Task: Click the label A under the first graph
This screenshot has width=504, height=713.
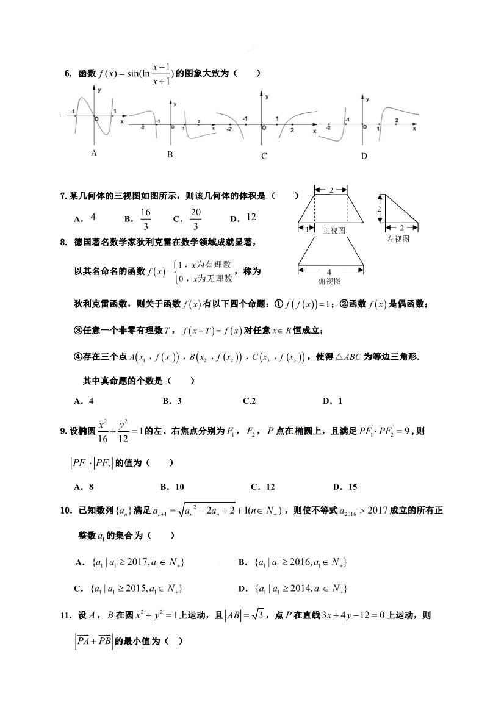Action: click(94, 154)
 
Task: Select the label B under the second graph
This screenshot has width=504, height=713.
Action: click(170, 155)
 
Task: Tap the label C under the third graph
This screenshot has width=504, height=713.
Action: click(264, 156)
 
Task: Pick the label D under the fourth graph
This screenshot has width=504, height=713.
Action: click(364, 156)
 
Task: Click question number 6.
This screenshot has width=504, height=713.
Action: click(68, 74)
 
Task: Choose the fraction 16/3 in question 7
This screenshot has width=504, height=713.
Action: click(145, 218)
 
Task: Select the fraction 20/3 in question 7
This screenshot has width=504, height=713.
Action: click(195, 218)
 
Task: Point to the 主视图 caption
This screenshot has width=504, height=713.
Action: click(334, 231)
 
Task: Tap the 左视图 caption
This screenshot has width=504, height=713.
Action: click(398, 239)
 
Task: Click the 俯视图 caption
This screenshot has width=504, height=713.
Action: click(329, 281)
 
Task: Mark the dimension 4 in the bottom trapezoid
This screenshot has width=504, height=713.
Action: click(329, 271)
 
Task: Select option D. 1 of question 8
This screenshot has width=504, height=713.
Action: click(332, 401)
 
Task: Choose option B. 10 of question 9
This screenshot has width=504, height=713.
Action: click(172, 487)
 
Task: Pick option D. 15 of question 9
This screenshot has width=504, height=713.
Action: click(345, 487)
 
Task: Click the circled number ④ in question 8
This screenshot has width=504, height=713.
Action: click(77, 357)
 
